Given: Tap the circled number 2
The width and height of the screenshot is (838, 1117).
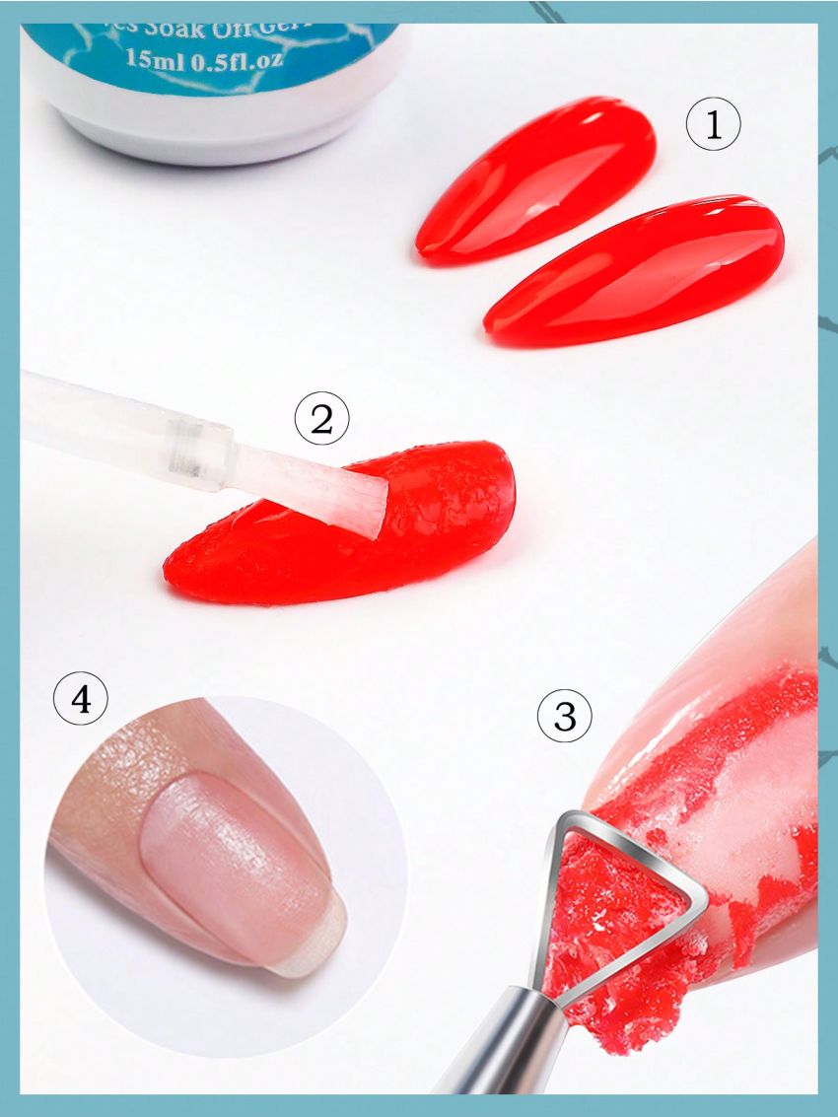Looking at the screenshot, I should tap(322, 421).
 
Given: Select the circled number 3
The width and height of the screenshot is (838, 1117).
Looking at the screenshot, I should tap(565, 717).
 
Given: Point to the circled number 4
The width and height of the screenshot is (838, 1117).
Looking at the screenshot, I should tap(79, 701).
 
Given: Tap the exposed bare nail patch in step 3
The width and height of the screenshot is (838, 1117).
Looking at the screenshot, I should tap(749, 779).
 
